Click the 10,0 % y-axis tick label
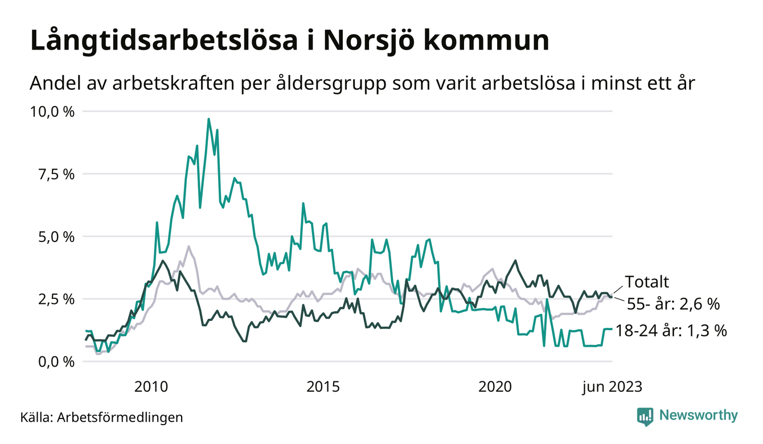pos(52,111)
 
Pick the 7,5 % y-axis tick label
pos(56,174)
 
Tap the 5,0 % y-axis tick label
pos(56,236)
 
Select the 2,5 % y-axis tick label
pos(56,299)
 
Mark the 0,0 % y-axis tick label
pos(56,361)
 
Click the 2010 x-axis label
pos(151,387)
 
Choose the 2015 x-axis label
pos(323,387)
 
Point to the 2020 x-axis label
pos(495,387)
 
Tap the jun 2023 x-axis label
pos(612,387)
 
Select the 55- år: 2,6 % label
pos(673,304)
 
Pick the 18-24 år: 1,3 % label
pos(672,331)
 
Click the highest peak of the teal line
pos(208,119)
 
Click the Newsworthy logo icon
pos(645,416)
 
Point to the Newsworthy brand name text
pos(698,416)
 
